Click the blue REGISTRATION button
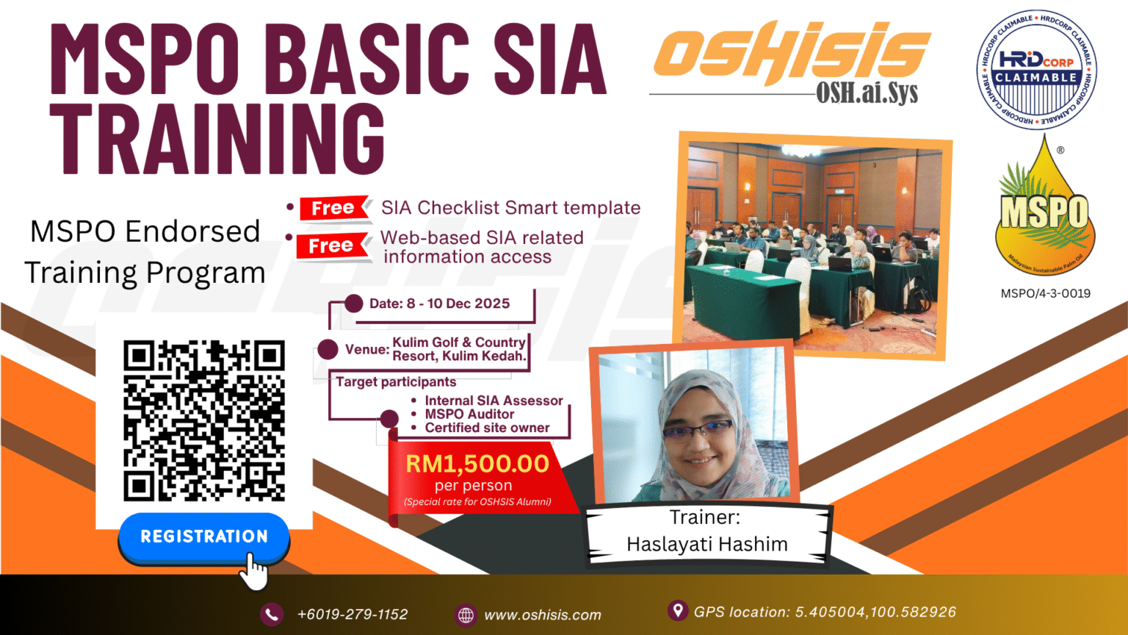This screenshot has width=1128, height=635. (x=203, y=537)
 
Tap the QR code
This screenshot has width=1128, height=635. (x=203, y=420)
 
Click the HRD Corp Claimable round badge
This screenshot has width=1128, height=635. (x=1036, y=71)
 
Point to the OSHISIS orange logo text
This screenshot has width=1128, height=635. (x=792, y=53)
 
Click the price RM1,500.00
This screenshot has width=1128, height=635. (x=477, y=464)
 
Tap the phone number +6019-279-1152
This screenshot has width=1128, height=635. (x=352, y=614)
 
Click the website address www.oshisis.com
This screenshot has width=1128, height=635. (x=542, y=615)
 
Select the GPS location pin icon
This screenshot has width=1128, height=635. (x=677, y=610)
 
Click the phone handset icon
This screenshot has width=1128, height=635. (x=272, y=614)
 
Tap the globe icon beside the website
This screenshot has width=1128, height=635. (x=466, y=615)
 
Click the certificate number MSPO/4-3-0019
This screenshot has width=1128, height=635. (x=1045, y=293)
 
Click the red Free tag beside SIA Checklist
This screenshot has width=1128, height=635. (x=333, y=209)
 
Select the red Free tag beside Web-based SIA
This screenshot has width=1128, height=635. (x=331, y=246)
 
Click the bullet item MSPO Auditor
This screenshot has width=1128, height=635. (x=469, y=415)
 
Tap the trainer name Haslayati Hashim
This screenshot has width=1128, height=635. (x=706, y=544)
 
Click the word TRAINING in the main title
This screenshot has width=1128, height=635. (x=217, y=140)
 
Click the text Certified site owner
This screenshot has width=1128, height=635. (x=487, y=428)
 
